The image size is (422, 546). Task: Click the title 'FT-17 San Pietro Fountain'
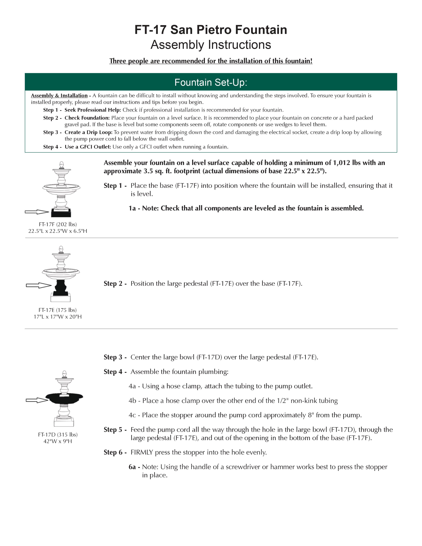point(211,30)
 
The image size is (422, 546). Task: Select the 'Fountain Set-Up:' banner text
point(211,82)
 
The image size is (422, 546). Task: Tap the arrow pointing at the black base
point(37,212)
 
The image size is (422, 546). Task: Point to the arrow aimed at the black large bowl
point(37,400)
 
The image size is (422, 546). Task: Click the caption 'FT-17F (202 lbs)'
point(58,224)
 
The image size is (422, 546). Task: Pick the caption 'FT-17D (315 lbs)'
point(58,434)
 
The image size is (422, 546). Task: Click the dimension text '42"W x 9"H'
point(58,441)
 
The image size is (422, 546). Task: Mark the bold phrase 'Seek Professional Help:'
point(93,110)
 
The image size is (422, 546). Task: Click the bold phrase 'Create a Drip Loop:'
point(89,132)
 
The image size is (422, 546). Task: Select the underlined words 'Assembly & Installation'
point(59,95)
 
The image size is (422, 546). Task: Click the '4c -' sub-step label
point(134,415)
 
